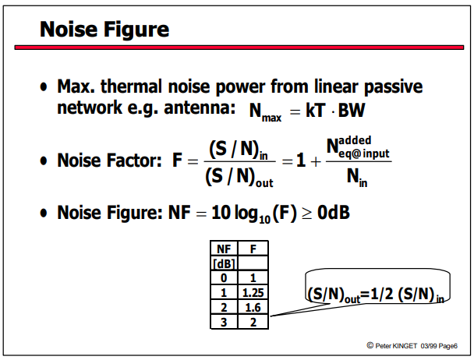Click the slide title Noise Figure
click(104, 30)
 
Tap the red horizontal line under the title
click(239, 48)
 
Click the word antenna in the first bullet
click(200, 108)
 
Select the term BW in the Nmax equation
click(352, 111)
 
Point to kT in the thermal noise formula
click(316, 111)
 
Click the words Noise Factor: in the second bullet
click(110, 161)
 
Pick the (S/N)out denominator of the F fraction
click(239, 178)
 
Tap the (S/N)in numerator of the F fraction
click(239, 150)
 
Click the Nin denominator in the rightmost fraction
click(357, 178)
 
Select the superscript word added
click(355, 140)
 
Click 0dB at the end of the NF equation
click(334, 213)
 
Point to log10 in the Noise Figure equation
click(253, 214)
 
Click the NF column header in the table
click(224, 249)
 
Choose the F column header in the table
click(253, 249)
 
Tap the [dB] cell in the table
click(224, 264)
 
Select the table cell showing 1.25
click(253, 292)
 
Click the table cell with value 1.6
click(253, 308)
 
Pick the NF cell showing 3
click(224, 323)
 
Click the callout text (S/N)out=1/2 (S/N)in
click(376, 295)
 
